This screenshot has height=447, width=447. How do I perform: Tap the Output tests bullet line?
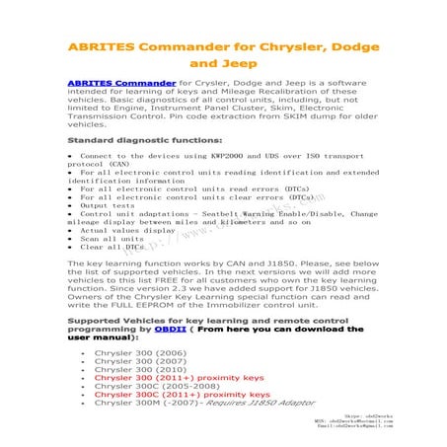click(106, 204)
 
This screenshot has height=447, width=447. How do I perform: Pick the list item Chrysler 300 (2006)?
click(136, 352)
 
